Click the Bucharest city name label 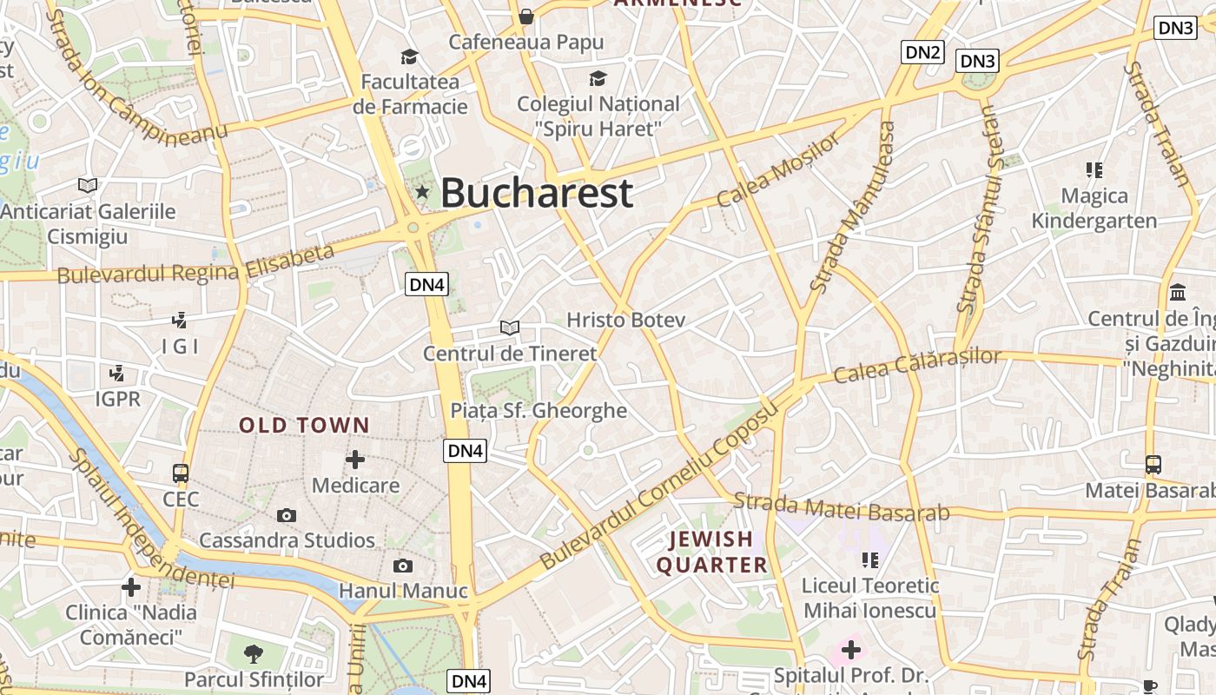(537, 193)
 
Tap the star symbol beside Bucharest (422, 191)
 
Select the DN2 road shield (922, 52)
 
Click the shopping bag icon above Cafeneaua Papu (526, 16)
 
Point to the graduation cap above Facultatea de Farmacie (409, 57)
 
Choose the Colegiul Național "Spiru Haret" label (598, 116)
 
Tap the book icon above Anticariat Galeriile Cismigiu (88, 185)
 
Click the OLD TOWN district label (305, 426)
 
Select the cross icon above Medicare (355, 460)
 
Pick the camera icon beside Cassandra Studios (287, 515)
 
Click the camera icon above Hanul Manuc (403, 566)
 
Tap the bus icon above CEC (181, 473)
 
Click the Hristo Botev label (625, 320)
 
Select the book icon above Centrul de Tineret (510, 328)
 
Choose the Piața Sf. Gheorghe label (539, 410)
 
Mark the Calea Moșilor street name (779, 169)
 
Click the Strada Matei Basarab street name (842, 506)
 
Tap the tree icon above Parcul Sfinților (254, 653)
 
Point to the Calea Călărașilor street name (917, 365)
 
